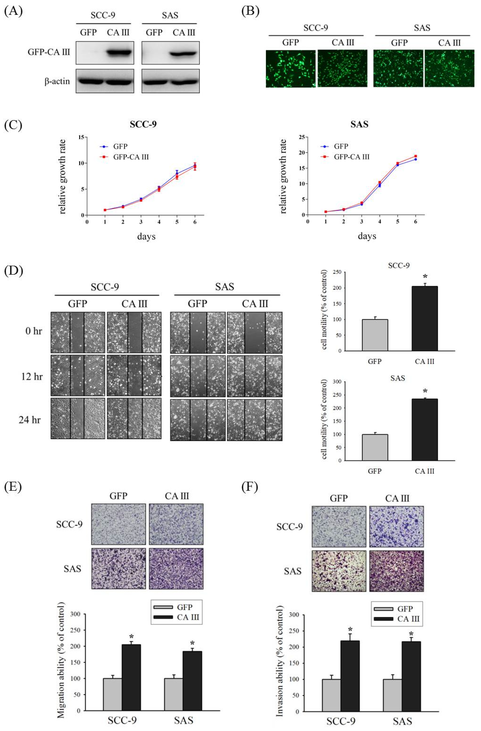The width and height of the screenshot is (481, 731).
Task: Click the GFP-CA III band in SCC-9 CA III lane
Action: coord(120,52)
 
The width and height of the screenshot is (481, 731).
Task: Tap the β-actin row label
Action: coord(57,81)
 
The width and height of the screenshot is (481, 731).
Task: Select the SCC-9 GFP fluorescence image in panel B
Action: coord(291,69)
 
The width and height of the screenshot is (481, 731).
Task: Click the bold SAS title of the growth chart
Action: coord(359,124)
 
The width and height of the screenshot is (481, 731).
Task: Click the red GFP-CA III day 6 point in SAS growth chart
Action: coord(416,156)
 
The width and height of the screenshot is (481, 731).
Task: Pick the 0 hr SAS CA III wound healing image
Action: coord(255,332)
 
